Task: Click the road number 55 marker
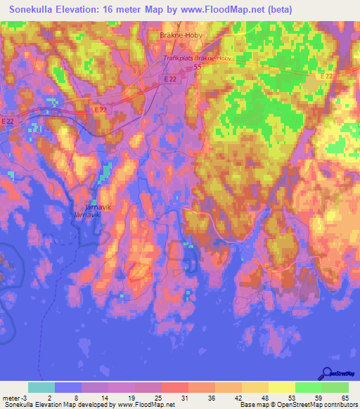(x=197, y=67)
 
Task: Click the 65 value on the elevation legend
(x=345, y=398)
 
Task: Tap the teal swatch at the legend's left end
(x=41, y=387)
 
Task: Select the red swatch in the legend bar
(x=175, y=387)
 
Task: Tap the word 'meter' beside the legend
(x=10, y=398)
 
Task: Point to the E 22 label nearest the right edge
(x=326, y=76)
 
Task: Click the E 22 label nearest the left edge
(x=8, y=122)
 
